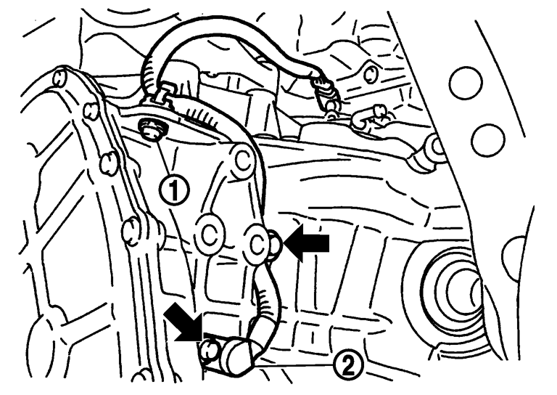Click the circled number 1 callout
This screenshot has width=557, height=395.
point(174,190)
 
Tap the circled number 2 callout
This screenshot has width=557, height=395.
point(348,364)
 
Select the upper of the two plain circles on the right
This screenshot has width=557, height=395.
point(466,83)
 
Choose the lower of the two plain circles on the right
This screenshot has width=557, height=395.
point(487,140)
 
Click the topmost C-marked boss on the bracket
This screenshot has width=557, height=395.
point(244,161)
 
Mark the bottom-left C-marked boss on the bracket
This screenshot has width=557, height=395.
point(210,235)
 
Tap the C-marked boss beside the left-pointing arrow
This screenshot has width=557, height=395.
point(257,244)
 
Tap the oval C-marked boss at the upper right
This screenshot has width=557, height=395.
point(371,74)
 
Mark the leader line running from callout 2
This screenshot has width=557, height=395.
point(294,365)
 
